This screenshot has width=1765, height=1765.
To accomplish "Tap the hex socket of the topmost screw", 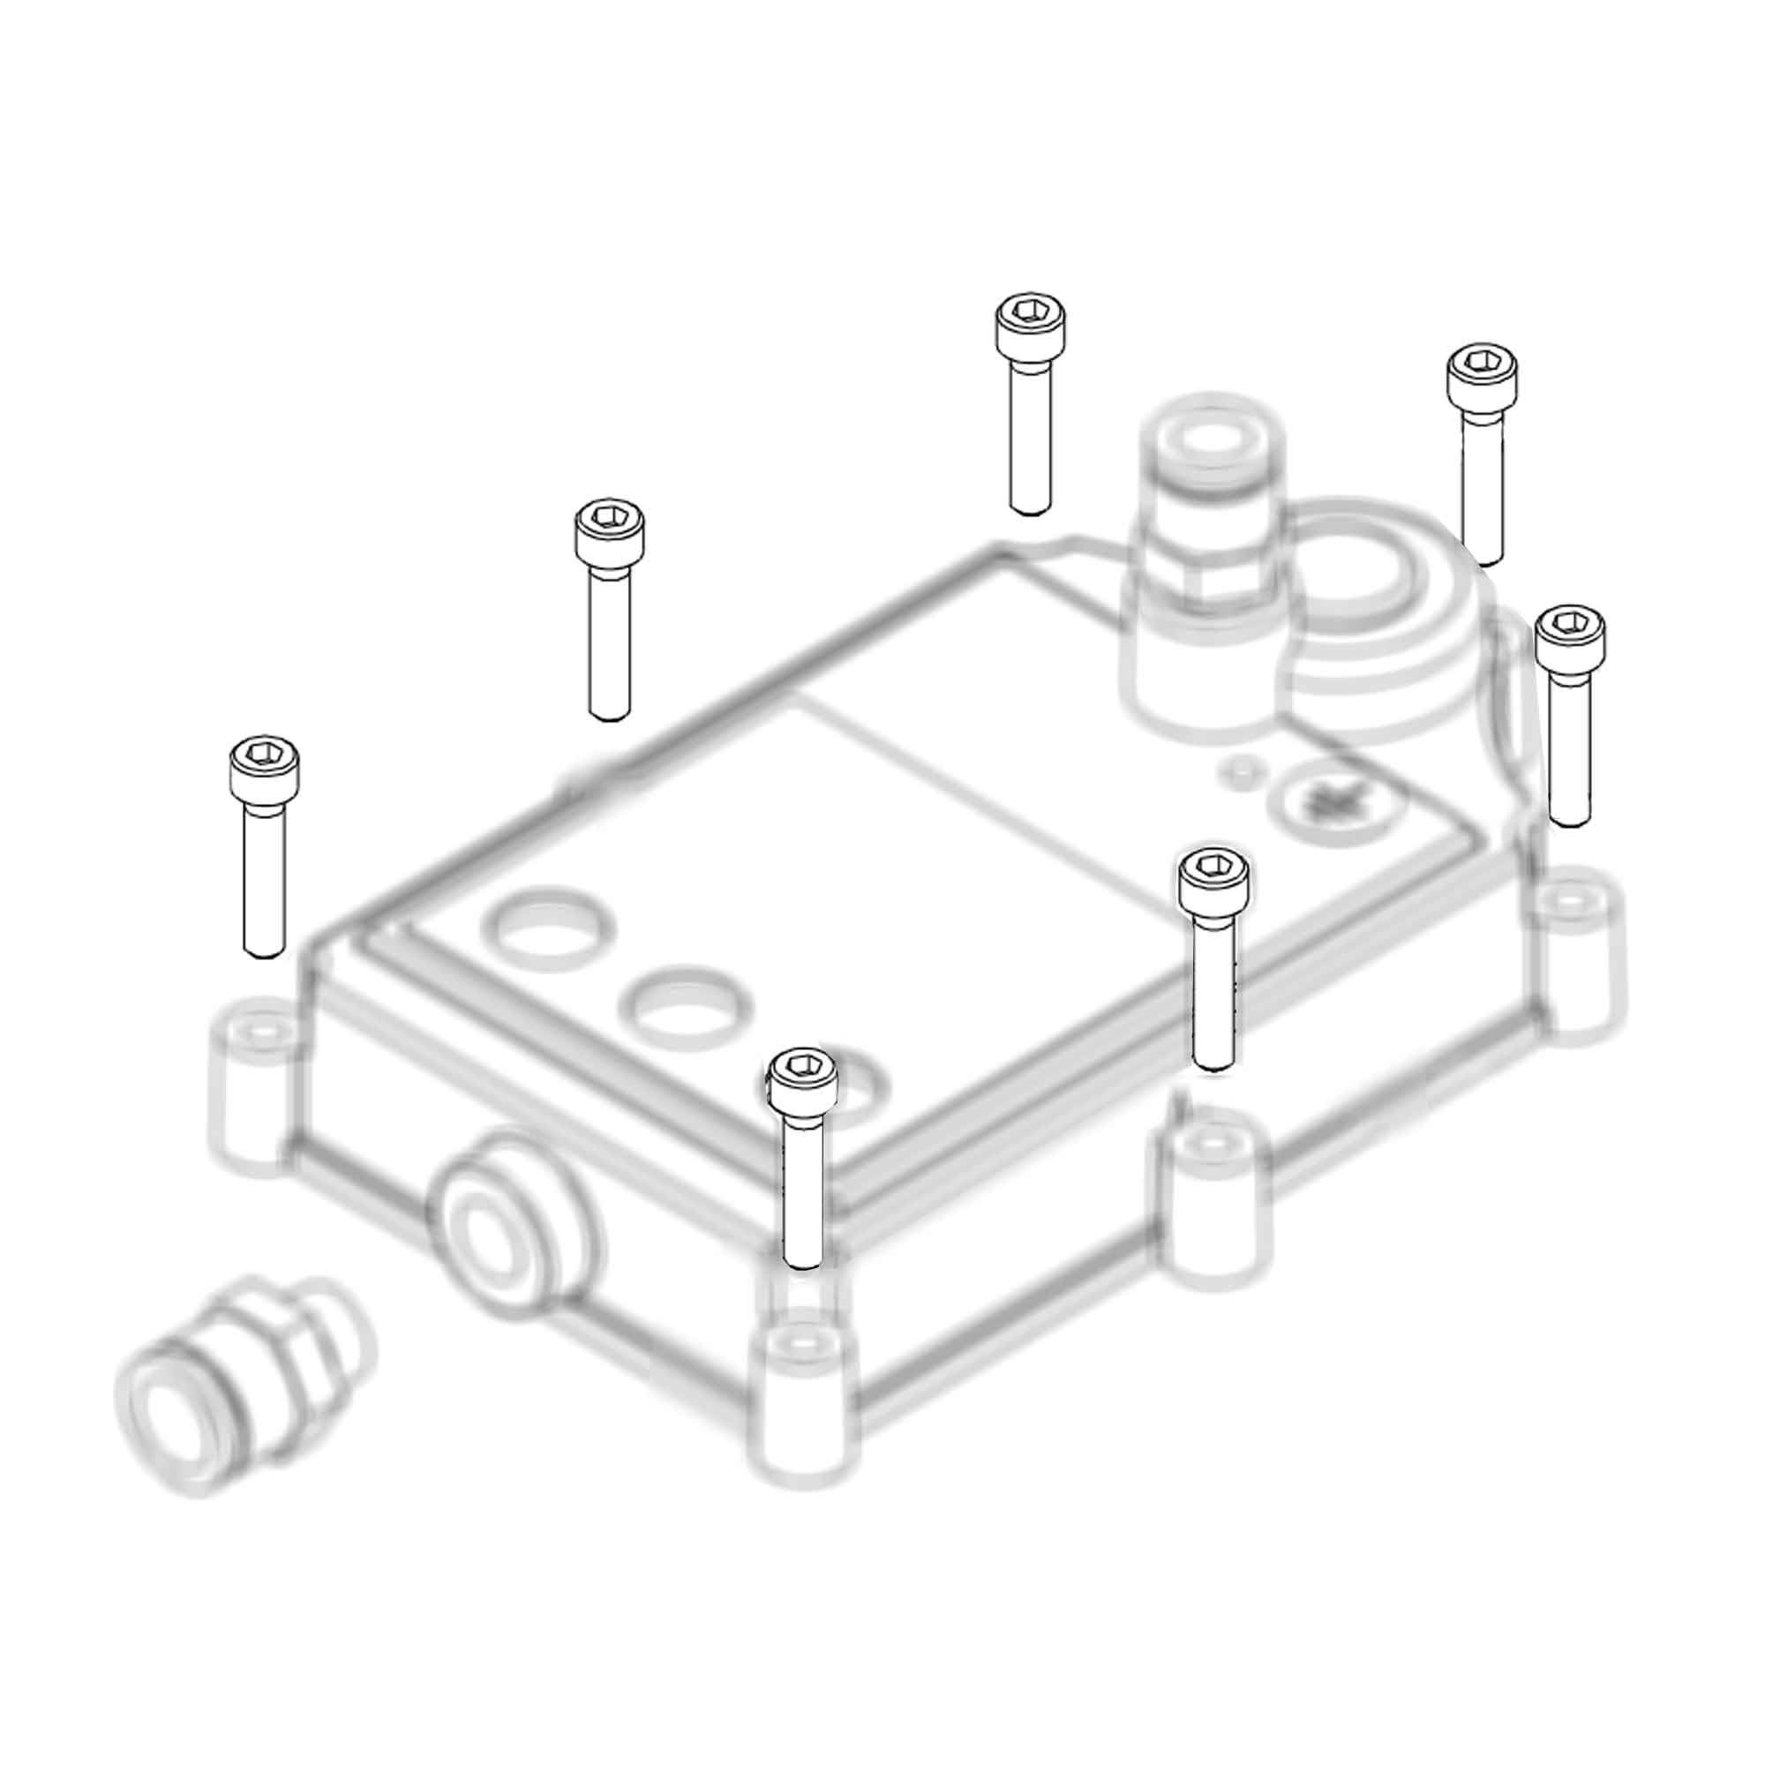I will click(x=1031, y=311).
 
